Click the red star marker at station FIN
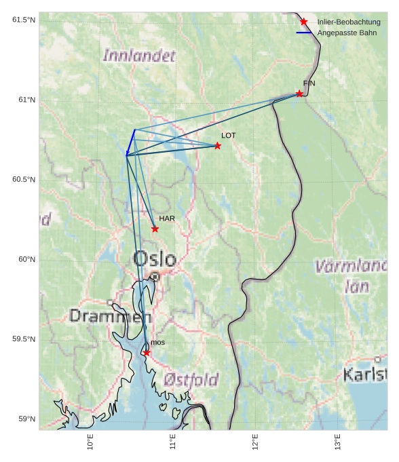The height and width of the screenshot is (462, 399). [299, 94]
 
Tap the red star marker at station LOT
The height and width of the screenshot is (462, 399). [218, 146]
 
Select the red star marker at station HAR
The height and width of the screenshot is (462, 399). [155, 229]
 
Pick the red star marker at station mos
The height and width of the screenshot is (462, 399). [147, 353]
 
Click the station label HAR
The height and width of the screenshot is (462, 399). [167, 218]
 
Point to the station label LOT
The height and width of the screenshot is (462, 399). [229, 136]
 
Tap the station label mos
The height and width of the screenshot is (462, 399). [157, 343]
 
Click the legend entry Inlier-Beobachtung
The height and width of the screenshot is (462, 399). [349, 22]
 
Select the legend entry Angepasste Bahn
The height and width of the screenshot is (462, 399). [347, 33]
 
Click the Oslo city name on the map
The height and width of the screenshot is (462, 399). [155, 259]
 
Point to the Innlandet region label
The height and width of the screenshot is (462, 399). [138, 56]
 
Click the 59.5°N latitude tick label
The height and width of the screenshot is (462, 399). [24, 339]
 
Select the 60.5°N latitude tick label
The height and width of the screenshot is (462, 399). [24, 180]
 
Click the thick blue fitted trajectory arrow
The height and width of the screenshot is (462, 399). [130, 142]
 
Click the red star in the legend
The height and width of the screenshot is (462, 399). [303, 22]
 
